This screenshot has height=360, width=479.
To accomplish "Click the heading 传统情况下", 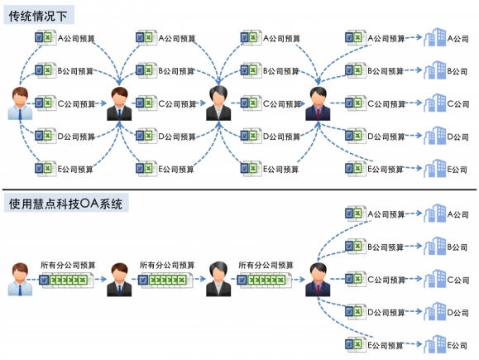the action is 37,16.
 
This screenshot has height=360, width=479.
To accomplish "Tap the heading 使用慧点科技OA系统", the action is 65,204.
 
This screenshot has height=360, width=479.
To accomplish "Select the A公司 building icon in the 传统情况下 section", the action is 434,37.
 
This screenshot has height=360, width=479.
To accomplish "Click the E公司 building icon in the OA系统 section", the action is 434,344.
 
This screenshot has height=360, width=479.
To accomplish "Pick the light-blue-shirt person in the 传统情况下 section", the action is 20,103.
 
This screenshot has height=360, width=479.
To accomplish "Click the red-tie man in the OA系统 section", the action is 318,280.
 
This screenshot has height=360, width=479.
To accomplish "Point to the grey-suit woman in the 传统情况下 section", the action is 218,103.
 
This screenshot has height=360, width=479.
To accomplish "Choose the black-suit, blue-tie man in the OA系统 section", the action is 119,280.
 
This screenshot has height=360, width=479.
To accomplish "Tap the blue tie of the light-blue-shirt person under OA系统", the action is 20,290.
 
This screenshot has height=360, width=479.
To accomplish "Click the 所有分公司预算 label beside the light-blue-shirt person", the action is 68,265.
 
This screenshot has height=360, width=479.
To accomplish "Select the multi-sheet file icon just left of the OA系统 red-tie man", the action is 265,281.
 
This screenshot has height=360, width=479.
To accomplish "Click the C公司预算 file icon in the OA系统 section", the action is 356,279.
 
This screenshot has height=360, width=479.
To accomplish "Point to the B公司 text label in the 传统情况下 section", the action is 457,71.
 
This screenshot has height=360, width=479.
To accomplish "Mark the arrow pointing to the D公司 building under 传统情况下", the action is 414,136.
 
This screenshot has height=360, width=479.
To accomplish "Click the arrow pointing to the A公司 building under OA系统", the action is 414,214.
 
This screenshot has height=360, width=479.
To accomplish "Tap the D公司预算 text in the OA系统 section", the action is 386,312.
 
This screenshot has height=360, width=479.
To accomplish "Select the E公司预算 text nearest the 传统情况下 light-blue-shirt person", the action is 75,169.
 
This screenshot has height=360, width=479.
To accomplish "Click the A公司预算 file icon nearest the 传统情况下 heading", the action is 46,37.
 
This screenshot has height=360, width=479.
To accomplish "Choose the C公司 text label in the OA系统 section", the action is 458,280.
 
